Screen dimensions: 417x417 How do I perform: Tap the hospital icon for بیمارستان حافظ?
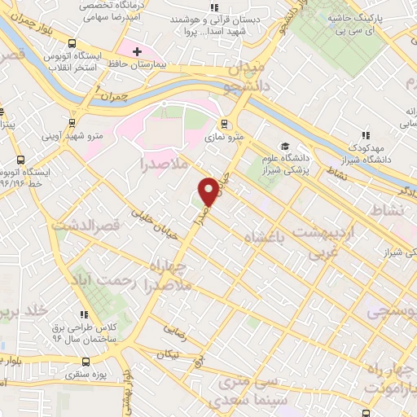coord(137,52)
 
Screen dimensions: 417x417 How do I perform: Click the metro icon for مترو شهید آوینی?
coord(73,123)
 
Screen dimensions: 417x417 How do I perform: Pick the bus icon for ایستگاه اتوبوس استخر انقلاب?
coord(72,44)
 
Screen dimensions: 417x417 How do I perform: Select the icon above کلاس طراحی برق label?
coord(83,314)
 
